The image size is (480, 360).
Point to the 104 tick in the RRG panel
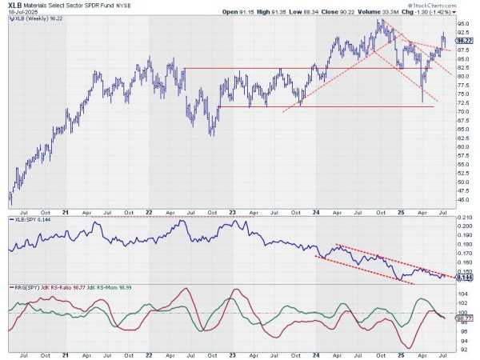tap(462, 294)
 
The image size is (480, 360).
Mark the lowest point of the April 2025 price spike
tap(422, 102)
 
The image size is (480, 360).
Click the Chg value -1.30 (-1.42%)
tap(433, 14)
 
